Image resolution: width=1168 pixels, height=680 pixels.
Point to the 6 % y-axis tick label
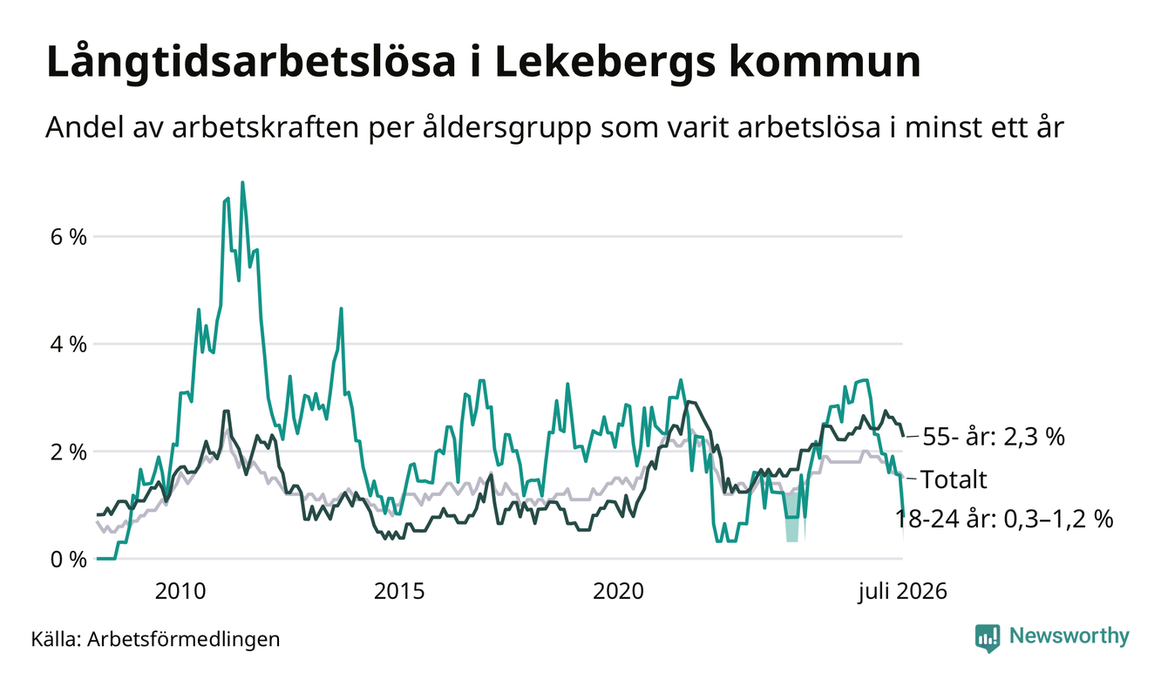coord(68,237)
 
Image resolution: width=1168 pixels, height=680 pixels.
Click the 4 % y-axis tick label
coord(68,344)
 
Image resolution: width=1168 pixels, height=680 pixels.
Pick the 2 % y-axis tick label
coord(68,452)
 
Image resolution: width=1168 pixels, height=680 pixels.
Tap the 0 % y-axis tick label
coord(68,560)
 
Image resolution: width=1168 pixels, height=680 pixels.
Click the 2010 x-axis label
coord(180,591)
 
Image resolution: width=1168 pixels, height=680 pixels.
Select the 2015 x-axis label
coord(399,591)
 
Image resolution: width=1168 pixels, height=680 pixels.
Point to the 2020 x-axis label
coord(618,591)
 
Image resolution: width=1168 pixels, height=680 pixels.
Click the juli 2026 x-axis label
coord(902,592)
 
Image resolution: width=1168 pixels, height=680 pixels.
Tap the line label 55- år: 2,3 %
coord(994,436)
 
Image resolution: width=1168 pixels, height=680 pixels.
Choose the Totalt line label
coord(954,479)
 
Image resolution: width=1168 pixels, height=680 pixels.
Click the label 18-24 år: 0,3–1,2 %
coord(1004,520)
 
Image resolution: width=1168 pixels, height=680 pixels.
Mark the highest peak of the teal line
coord(242,182)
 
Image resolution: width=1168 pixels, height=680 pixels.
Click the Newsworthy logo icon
coord(988,638)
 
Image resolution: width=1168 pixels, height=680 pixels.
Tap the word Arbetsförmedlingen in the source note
coord(184,639)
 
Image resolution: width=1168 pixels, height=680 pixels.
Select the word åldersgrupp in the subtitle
coord(506,127)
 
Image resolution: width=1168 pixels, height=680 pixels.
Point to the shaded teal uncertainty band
coord(792,517)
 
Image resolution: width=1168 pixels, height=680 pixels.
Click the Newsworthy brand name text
coord(1069,636)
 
